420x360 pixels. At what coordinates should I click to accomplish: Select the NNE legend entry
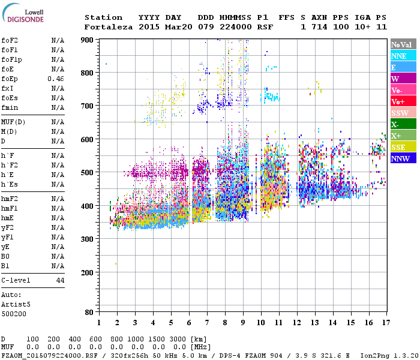pyautogui.click(x=399, y=56)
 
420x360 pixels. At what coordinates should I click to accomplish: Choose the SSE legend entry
pyautogui.click(x=399, y=147)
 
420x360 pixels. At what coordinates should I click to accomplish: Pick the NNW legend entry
pyautogui.click(x=400, y=158)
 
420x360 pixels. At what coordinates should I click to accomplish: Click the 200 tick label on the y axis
pyautogui.click(x=87, y=272)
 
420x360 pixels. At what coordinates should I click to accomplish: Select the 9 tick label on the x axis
pyautogui.click(x=243, y=323)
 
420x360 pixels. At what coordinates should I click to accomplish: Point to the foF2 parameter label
pyautogui.click(x=10, y=40)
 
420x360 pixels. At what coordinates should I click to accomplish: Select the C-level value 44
pyautogui.click(x=60, y=280)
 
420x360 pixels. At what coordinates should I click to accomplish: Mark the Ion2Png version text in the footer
pyautogui.click(x=389, y=355)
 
